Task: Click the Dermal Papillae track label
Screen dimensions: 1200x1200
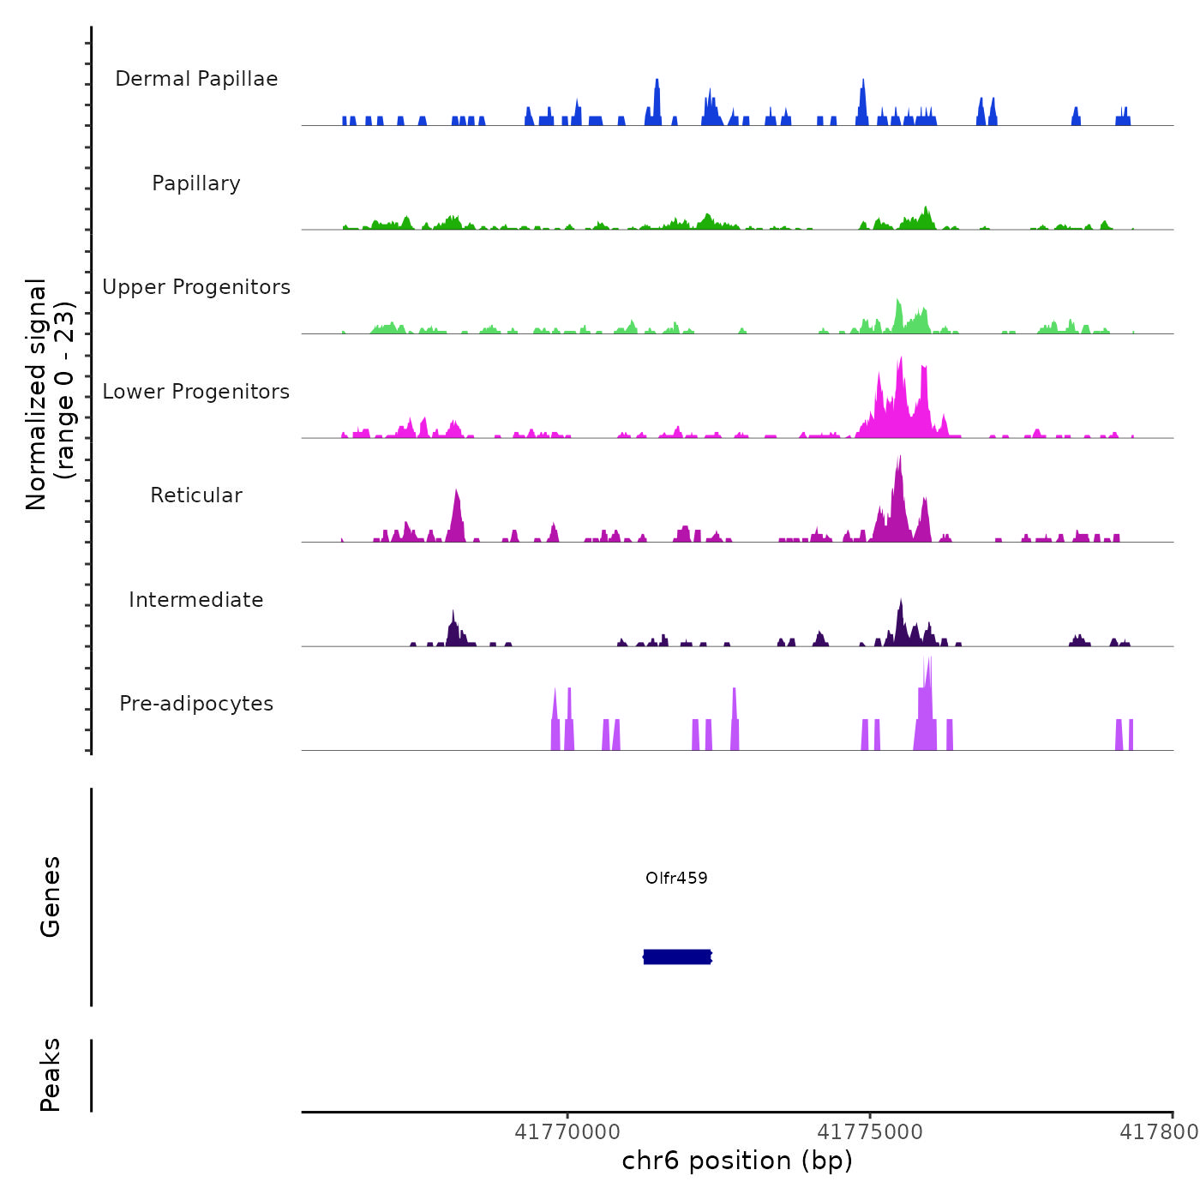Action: click(x=196, y=79)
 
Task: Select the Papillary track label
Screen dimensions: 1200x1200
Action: click(x=196, y=183)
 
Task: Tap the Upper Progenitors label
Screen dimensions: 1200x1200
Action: click(x=196, y=287)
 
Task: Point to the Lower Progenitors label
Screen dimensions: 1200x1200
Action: click(x=196, y=392)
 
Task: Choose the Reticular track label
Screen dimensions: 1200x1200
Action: click(x=196, y=495)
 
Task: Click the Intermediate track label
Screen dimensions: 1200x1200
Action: click(x=196, y=600)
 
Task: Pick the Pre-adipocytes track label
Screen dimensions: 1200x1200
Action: click(x=196, y=704)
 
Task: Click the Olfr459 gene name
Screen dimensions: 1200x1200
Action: click(x=676, y=878)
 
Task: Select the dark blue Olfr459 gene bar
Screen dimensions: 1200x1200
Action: click(x=677, y=957)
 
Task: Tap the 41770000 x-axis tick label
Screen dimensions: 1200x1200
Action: click(x=567, y=1132)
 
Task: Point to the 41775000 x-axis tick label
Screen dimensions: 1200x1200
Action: click(x=870, y=1132)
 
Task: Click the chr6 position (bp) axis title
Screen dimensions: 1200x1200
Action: click(x=737, y=1161)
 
